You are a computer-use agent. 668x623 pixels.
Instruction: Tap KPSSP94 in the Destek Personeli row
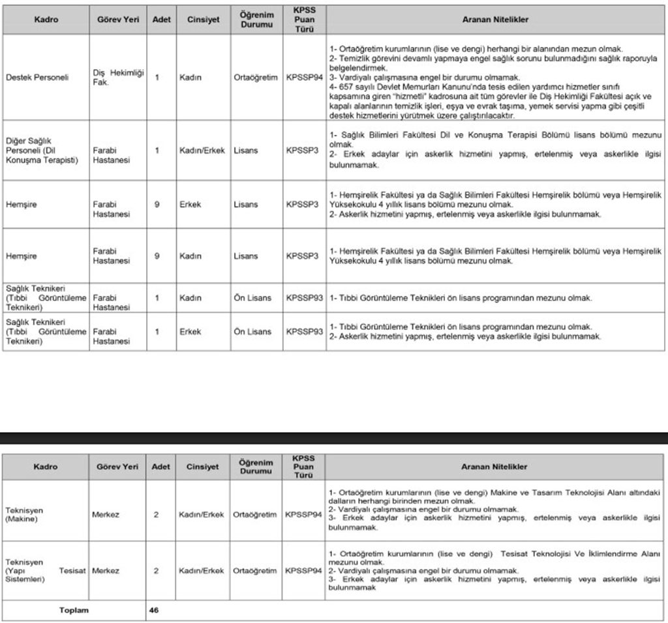tap(304, 77)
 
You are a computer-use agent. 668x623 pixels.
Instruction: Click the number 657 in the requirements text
tap(350, 87)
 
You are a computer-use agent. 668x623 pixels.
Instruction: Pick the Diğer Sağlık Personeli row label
tap(42, 151)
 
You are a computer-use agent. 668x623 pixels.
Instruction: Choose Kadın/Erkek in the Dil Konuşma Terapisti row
tap(202, 151)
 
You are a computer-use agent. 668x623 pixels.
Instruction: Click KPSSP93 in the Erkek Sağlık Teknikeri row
tap(304, 331)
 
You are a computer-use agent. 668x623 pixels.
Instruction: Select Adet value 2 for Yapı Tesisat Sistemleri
tap(157, 571)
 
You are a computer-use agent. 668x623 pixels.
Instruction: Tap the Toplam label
tap(74, 611)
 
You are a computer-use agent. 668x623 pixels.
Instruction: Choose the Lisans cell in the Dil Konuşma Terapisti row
tap(245, 151)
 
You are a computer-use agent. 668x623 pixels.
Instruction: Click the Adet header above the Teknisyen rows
tap(160, 467)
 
